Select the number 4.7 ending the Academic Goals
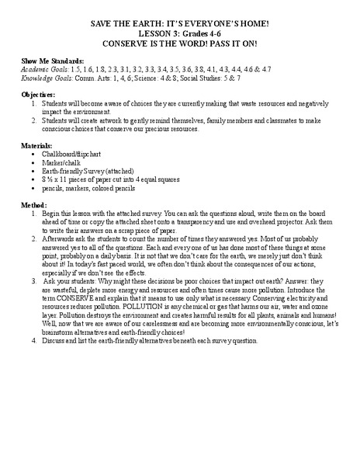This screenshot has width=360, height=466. pyautogui.click(x=265, y=69)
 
